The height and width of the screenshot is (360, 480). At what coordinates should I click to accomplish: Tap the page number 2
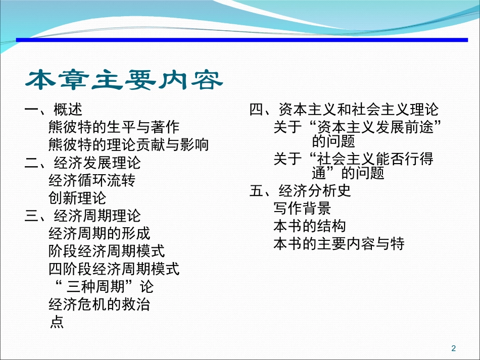click(453, 348)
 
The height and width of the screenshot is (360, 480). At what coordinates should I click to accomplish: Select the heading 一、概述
click(54, 110)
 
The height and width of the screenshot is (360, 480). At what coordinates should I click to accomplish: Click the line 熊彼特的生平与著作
click(114, 127)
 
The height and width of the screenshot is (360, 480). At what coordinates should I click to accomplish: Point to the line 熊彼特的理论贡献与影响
click(128, 145)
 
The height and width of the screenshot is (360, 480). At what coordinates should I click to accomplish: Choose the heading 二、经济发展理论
click(83, 163)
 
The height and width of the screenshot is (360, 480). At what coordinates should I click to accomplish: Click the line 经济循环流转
click(92, 180)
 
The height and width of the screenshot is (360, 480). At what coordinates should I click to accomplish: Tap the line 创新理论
click(77, 198)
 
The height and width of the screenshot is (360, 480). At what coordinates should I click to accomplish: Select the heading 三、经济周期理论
click(83, 216)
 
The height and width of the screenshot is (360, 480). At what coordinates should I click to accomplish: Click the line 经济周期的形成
click(99, 233)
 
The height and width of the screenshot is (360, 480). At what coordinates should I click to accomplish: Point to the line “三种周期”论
click(103, 286)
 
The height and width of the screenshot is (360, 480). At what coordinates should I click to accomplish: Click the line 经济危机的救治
click(99, 304)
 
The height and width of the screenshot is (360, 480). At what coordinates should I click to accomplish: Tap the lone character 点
click(57, 322)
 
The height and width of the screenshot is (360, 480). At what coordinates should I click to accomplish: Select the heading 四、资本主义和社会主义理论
click(344, 110)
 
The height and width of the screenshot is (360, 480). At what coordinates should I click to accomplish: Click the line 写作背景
click(302, 208)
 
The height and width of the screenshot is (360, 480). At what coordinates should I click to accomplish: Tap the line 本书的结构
click(309, 226)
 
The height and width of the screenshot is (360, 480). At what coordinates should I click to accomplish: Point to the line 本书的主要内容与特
click(339, 243)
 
